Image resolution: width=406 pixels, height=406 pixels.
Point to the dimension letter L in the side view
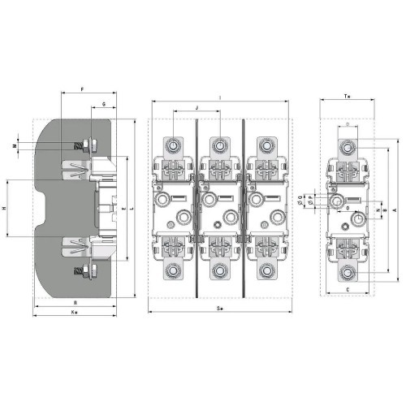(x=132, y=209)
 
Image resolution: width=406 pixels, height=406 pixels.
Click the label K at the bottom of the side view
(x=74, y=311)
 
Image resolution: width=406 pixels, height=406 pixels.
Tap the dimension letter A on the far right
(x=392, y=209)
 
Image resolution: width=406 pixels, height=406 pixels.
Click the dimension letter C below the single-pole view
(x=347, y=288)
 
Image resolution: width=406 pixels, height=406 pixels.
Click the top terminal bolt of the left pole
(x=175, y=146)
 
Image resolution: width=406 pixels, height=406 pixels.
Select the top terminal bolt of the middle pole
(x=218, y=146)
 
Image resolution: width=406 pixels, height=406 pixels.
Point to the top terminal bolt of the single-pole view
(x=347, y=147)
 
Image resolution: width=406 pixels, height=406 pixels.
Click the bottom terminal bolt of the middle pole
(x=218, y=271)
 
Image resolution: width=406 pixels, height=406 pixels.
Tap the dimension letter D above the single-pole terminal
(x=347, y=124)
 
